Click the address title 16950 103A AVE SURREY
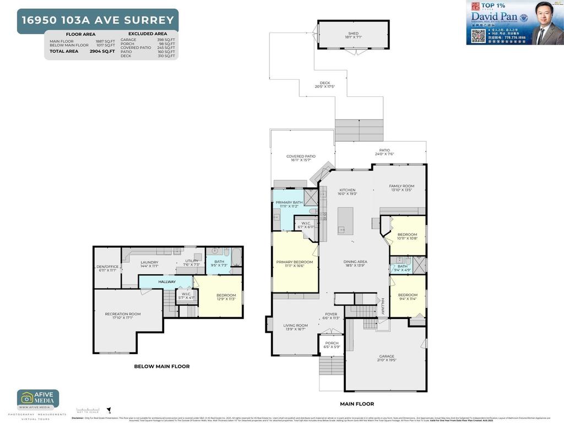click(97, 20)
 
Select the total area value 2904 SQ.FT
click(102, 51)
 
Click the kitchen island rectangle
click(345, 220)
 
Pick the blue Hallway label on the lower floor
click(167, 282)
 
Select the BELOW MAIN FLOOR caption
click(162, 366)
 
